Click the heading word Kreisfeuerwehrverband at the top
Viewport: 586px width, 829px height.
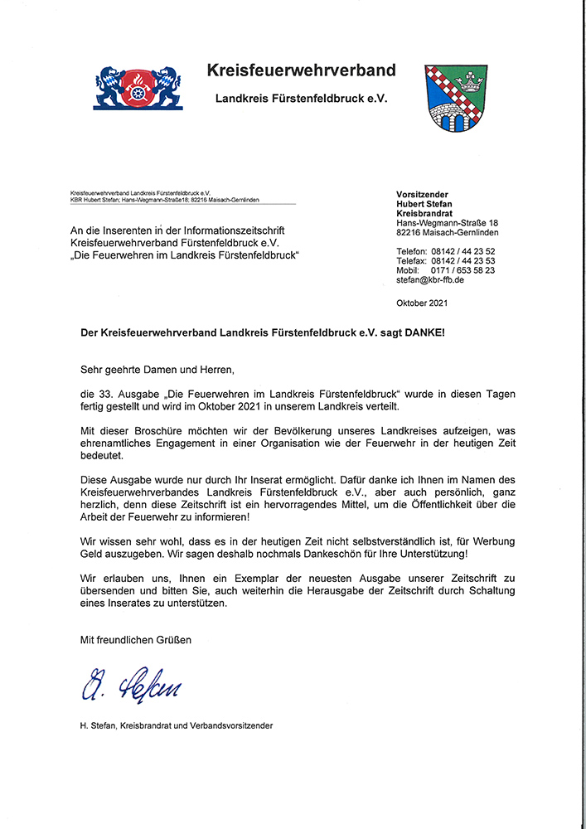301,70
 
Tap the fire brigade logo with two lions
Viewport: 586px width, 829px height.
138,88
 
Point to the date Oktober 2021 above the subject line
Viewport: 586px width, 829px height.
422,303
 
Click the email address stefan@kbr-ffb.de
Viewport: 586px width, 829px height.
430,281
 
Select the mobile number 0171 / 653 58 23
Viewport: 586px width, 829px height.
463,270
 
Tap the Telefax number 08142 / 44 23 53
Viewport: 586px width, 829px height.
463,260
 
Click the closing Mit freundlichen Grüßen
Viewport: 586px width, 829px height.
135,639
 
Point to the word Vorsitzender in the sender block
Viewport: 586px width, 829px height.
422,194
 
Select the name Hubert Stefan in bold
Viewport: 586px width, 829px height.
424,204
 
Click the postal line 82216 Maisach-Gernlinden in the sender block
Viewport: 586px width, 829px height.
448,233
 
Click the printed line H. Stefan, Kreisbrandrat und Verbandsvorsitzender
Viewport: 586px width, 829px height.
176,726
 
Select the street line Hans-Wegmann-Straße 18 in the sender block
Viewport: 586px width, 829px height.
448,223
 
